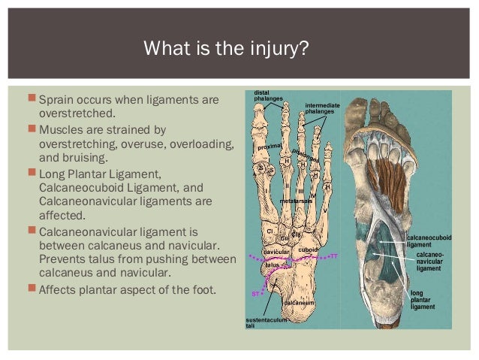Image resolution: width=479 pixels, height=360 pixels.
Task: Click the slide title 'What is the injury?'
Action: pyautogui.click(x=226, y=52)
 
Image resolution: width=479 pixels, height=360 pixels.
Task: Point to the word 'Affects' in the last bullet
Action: pyautogui.click(x=59, y=288)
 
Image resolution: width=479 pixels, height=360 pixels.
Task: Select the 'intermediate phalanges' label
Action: pyautogui.click(x=322, y=107)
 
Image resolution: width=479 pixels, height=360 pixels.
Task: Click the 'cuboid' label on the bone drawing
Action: pyautogui.click(x=309, y=249)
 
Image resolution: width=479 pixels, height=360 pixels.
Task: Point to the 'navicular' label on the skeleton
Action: pyautogui.click(x=277, y=252)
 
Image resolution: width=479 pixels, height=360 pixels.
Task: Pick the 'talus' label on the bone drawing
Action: pyautogui.click(x=273, y=265)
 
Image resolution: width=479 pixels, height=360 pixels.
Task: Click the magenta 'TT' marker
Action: pyautogui.click(x=334, y=256)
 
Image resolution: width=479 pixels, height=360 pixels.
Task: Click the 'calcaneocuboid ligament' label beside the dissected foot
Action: pyautogui.click(x=429, y=241)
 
